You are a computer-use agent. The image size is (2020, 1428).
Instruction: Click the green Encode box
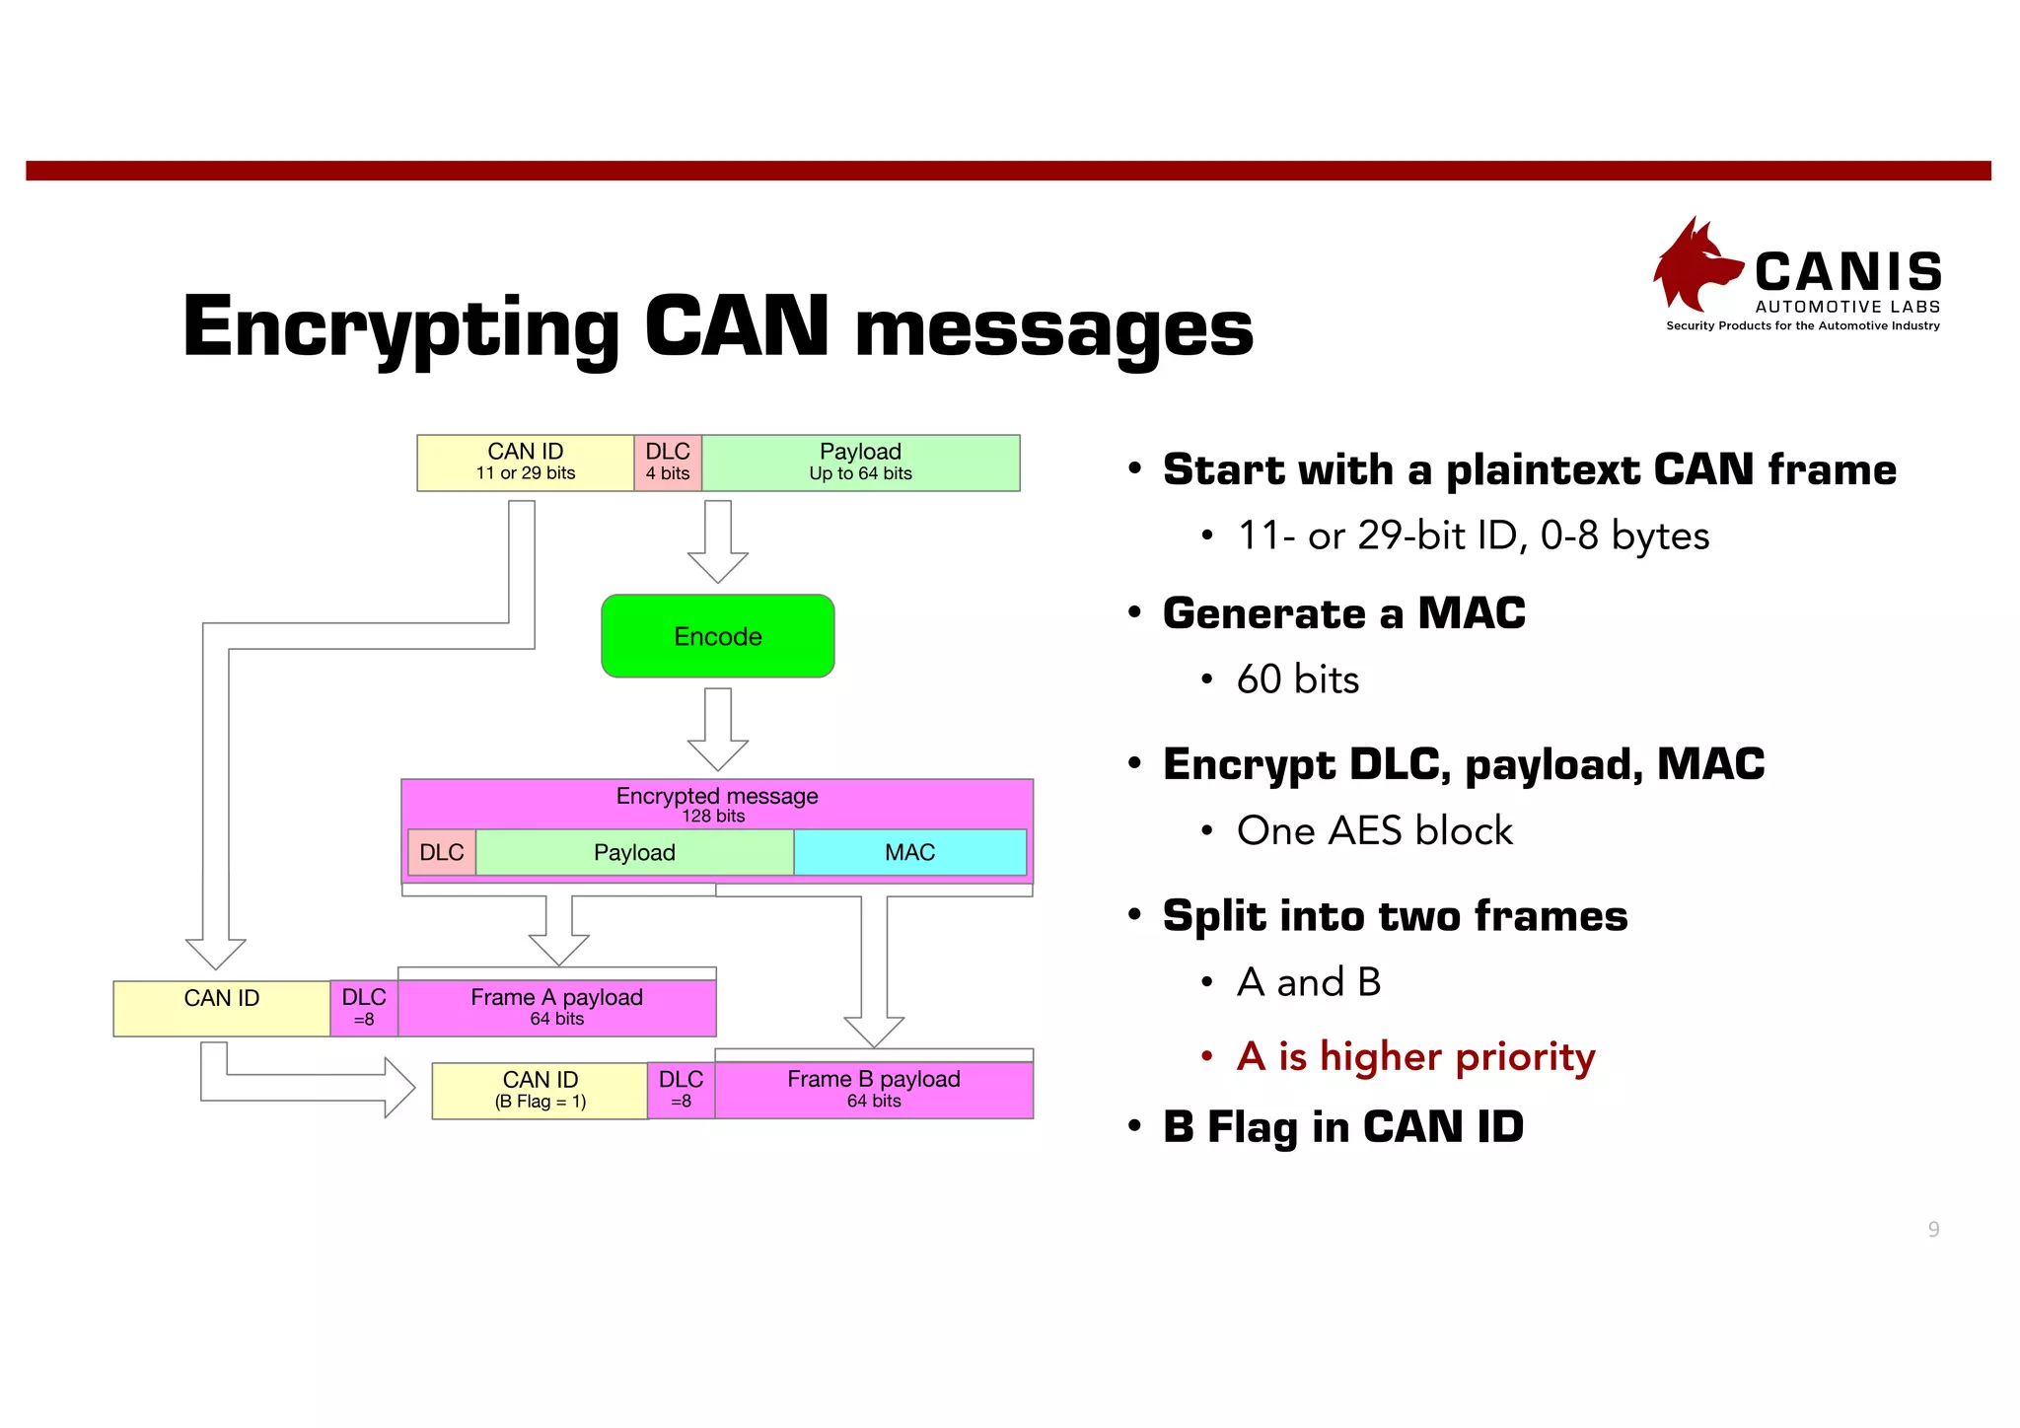717,636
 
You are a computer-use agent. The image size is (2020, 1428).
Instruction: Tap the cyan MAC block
909,852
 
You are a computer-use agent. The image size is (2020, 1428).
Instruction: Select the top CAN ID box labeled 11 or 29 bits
525,463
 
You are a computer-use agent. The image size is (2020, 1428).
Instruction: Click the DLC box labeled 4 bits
668,463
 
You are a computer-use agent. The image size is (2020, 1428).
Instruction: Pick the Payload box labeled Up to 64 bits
860,463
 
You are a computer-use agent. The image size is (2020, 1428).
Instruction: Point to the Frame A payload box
556,1007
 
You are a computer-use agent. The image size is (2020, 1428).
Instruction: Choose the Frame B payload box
874,1089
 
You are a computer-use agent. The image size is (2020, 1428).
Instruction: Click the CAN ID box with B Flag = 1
540,1090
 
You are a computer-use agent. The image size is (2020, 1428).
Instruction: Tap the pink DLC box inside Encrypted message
441,852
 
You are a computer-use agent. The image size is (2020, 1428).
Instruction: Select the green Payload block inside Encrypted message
634,852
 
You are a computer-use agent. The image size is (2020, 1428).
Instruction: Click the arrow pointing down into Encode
717,542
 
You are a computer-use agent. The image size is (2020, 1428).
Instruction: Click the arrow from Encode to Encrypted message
717,730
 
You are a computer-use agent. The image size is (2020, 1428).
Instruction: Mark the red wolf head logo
1693,266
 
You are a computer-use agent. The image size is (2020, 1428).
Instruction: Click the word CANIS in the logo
1847,272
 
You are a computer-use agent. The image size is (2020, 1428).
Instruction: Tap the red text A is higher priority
1415,1056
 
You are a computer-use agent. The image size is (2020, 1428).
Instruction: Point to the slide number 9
1933,1229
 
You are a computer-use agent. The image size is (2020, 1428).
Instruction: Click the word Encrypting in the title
400,327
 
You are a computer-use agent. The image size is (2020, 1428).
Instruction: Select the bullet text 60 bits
1297,679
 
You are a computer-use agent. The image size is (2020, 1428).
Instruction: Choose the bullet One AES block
1374,830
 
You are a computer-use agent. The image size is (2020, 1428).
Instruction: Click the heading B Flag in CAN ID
1342,1126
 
